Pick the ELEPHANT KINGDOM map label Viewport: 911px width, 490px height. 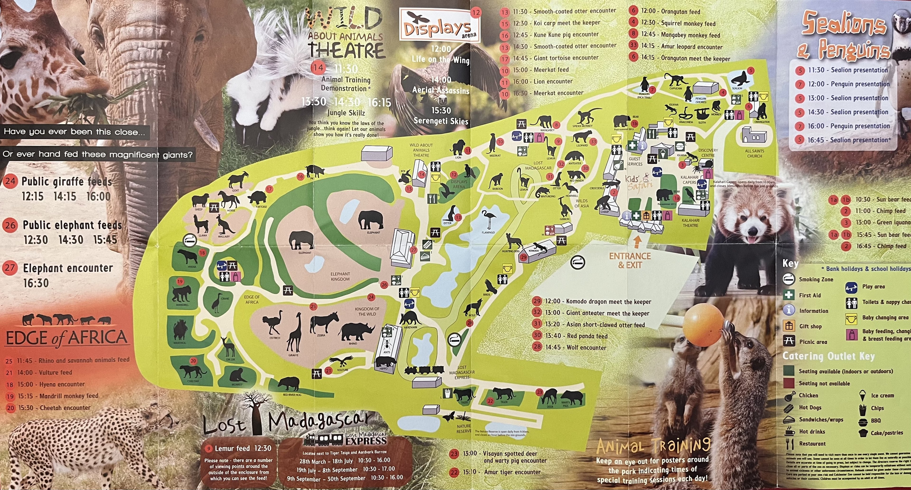pos(340,276)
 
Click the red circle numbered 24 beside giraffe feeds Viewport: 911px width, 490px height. pos(10,181)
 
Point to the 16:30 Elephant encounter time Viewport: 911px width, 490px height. pos(36,283)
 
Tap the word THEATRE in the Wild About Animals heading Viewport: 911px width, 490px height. pos(346,51)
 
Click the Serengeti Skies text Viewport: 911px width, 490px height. pos(441,121)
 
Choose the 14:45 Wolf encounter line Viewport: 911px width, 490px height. pos(575,347)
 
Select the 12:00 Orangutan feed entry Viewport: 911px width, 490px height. pos(680,12)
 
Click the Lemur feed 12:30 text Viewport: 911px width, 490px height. pos(243,448)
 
